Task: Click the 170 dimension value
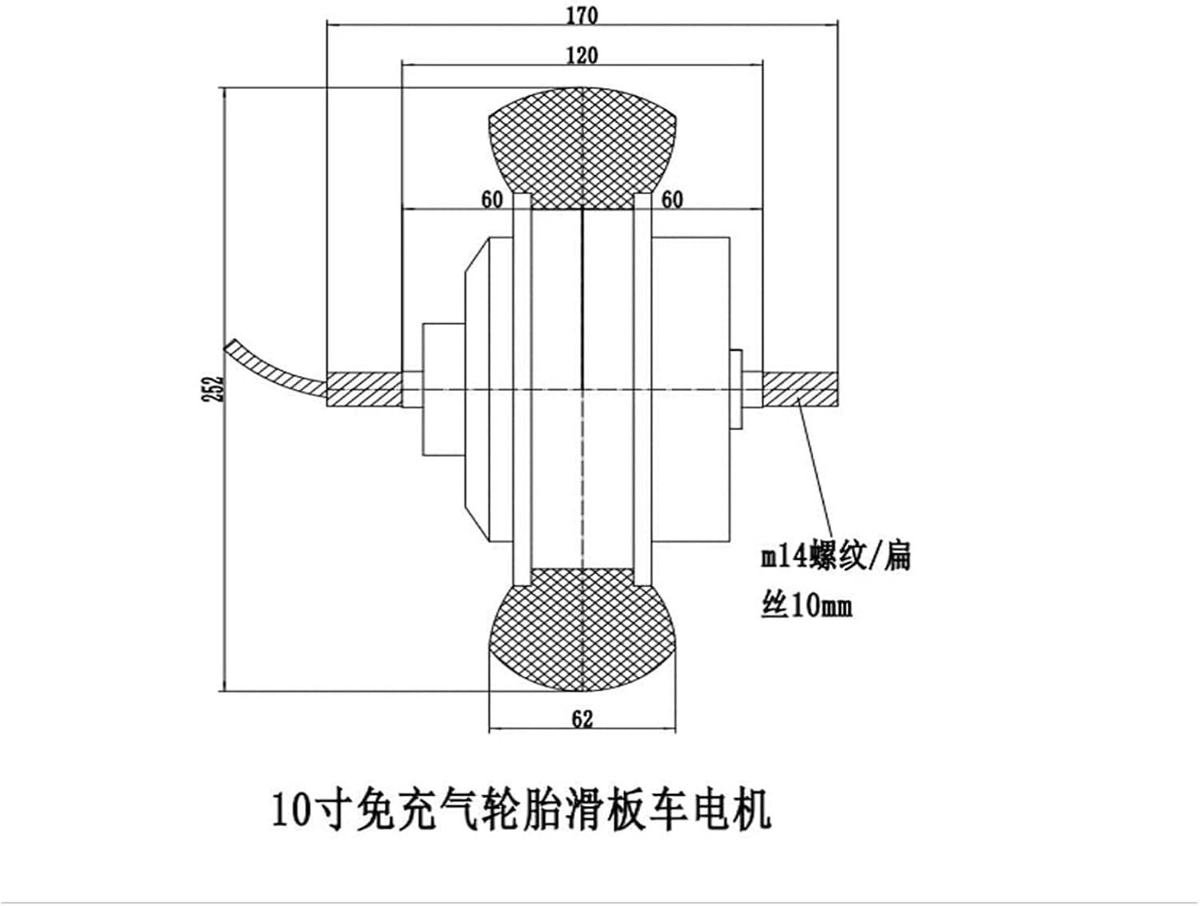[x=582, y=15]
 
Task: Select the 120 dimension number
[x=582, y=55]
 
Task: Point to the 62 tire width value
[x=582, y=719]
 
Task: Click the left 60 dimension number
[x=491, y=199]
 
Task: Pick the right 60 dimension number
[x=672, y=199]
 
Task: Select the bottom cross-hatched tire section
[x=583, y=632]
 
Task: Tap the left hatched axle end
[x=364, y=389]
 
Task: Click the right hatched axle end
[x=800, y=389]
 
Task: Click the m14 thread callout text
[x=835, y=555]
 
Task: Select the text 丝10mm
[x=806, y=605]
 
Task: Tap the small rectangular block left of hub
[x=443, y=388]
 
